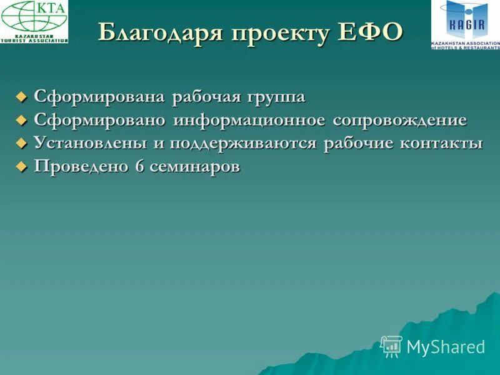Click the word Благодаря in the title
tap(160, 33)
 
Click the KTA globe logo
tap(34, 21)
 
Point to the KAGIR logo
tap(465, 24)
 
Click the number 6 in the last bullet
tap(139, 167)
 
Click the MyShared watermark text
tap(446, 347)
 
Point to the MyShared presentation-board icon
tap(391, 346)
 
